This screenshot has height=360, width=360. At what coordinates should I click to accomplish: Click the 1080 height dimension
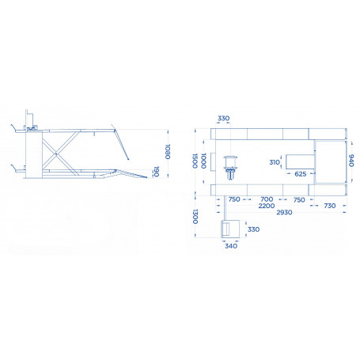click(168, 152)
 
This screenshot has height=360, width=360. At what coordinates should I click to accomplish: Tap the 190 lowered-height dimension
click(157, 172)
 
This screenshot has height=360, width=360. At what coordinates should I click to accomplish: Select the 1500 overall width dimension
click(195, 161)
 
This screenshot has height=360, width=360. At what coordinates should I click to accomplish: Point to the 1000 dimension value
click(203, 161)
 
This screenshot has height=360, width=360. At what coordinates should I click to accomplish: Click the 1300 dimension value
click(195, 217)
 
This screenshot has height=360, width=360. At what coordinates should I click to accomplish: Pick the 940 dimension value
click(351, 161)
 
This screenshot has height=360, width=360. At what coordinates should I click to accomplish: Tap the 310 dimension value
click(275, 162)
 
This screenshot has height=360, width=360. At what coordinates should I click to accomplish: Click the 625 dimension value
click(301, 174)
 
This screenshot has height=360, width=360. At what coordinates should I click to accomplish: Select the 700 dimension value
click(267, 199)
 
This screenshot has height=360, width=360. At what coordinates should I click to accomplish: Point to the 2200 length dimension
click(267, 206)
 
